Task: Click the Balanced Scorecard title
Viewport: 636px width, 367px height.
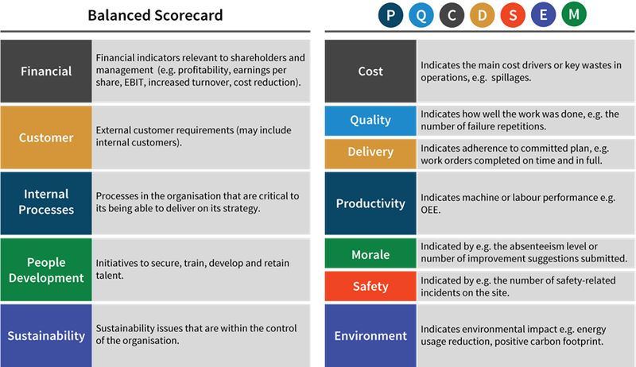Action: [x=156, y=15]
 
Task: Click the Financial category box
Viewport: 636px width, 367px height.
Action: [x=46, y=71]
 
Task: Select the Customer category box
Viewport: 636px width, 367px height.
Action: [x=46, y=137]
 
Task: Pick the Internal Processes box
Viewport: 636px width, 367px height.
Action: [x=46, y=202]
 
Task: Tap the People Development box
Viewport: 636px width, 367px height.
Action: [x=46, y=270]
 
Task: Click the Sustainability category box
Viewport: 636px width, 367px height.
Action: [x=46, y=335]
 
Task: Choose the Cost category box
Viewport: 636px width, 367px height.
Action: [x=370, y=71]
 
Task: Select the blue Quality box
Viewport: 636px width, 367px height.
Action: [x=370, y=121]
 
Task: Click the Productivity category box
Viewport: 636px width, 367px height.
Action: [x=370, y=203]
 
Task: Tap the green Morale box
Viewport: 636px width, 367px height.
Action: [x=370, y=254]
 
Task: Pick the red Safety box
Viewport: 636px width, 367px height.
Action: [x=370, y=286]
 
